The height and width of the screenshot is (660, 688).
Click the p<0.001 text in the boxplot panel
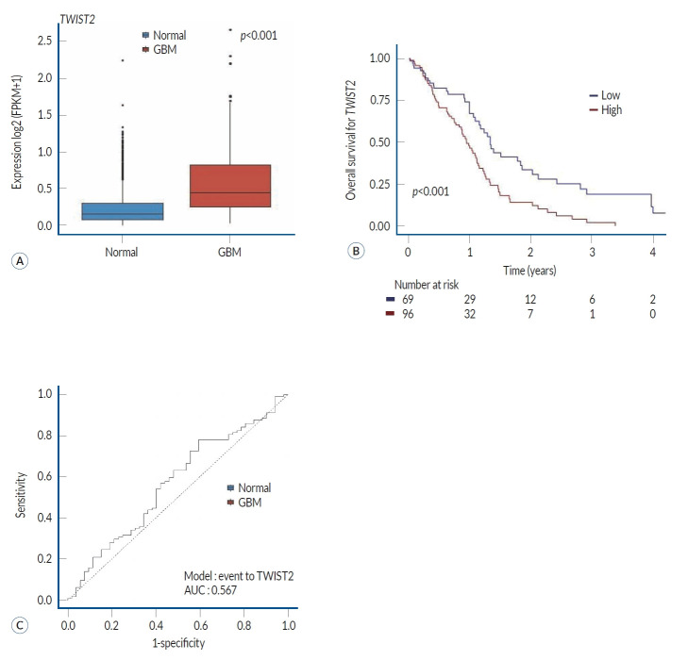point(258,37)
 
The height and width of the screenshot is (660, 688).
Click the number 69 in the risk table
point(409,298)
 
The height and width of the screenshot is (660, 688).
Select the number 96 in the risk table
point(409,314)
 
